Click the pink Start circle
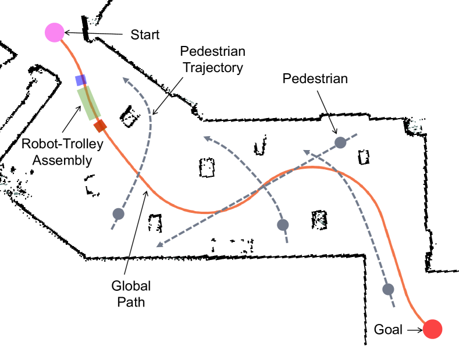click(x=54, y=32)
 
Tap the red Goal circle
click(x=433, y=329)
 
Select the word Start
click(x=144, y=35)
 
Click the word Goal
click(x=388, y=330)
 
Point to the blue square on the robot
click(x=81, y=80)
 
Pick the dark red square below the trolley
click(x=101, y=125)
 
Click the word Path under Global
click(x=131, y=302)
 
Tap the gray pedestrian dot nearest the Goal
click(x=389, y=289)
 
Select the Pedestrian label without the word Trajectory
click(x=315, y=79)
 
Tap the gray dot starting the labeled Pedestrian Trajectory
click(x=118, y=213)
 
